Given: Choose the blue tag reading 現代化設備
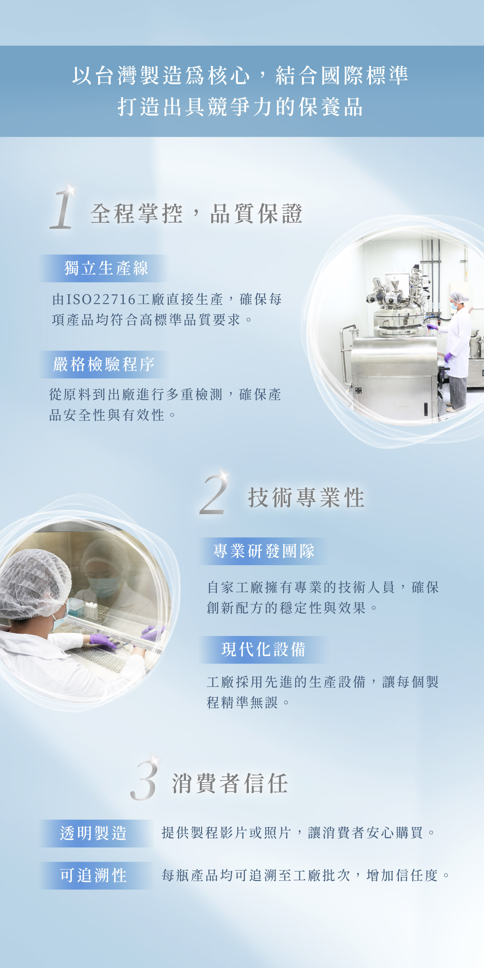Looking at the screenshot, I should click(263, 650).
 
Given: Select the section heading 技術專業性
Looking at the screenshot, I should click(306, 498).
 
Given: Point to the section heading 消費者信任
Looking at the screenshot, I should click(230, 784).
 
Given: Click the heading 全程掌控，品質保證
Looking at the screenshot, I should click(196, 213).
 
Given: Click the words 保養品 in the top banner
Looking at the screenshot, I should click(331, 107).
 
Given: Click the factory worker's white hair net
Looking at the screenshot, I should click(458, 297).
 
